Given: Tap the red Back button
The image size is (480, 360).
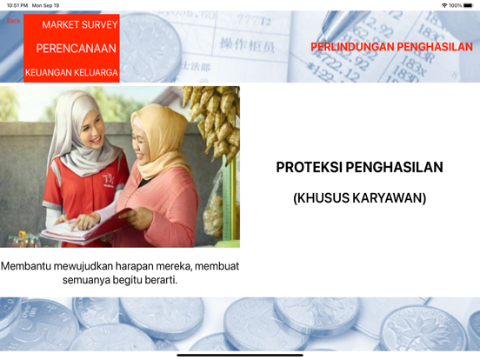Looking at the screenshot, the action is [13, 21].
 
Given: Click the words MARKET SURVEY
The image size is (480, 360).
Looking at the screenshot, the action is [80, 24].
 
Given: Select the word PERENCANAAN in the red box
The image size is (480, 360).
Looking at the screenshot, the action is [77, 49].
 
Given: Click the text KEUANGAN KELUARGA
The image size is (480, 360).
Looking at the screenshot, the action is [71, 72].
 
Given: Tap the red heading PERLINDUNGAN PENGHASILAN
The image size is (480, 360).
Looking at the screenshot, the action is [391, 47].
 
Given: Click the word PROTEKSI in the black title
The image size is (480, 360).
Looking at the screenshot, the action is [309, 167].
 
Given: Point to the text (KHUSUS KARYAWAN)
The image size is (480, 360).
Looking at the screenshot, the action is [360, 198].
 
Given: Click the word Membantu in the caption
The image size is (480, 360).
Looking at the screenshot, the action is [26, 266].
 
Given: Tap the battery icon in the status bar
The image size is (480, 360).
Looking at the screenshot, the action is [468, 5].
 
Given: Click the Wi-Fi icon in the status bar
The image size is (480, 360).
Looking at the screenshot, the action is [444, 5].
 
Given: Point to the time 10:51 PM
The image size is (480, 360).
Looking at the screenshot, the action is [17, 5].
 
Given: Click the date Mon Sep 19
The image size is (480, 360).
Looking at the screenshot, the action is [45, 5].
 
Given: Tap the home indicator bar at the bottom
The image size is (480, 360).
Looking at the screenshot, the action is [240, 355].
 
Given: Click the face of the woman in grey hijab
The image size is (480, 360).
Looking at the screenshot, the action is [92, 130].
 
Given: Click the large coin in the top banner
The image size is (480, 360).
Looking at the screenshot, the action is [150, 46].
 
